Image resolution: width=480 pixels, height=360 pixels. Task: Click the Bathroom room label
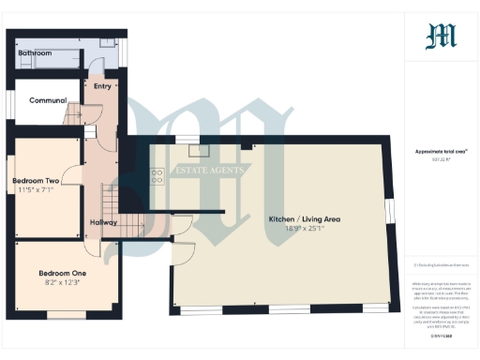tap(35, 53)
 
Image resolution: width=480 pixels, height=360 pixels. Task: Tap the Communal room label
tap(47, 100)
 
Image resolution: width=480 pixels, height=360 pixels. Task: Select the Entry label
tap(102, 85)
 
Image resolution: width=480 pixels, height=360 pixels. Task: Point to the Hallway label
tap(102, 221)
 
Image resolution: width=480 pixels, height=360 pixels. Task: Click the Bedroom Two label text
tap(36, 180)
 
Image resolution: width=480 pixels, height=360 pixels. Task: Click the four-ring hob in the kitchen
tap(157, 174)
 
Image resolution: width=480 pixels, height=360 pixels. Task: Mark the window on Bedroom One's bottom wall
tap(65, 313)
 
